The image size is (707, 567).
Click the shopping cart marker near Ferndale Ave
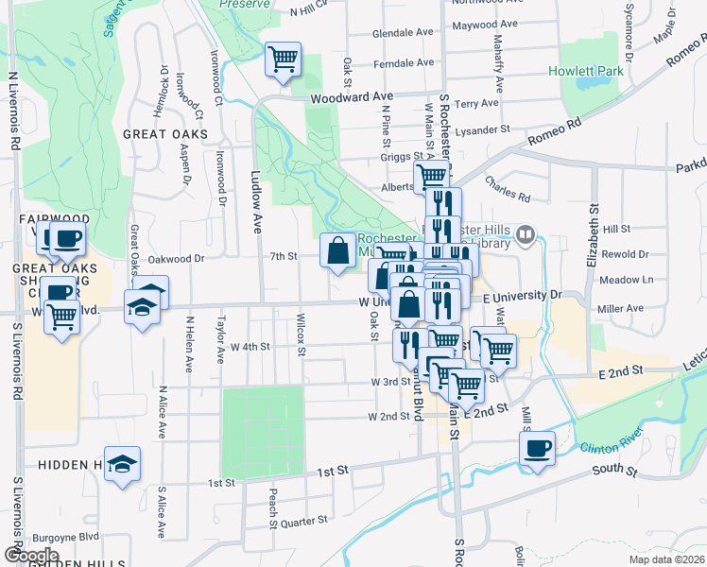click(284, 60)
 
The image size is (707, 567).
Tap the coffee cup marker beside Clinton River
click(538, 448)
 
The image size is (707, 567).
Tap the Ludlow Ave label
click(255, 201)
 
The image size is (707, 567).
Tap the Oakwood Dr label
click(177, 257)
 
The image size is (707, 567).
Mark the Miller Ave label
click(621, 308)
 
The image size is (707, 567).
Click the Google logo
click(31, 556)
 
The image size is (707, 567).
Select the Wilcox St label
click(302, 335)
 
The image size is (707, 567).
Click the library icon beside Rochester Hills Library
click(526, 234)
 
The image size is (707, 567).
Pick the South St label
click(611, 469)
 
